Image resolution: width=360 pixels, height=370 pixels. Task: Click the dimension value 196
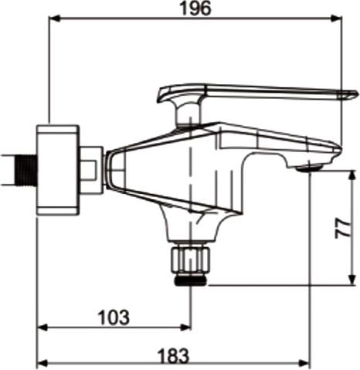pos(195,8)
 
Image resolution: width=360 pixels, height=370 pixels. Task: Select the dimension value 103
pos(114,317)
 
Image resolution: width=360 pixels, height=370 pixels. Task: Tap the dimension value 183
pos(173,355)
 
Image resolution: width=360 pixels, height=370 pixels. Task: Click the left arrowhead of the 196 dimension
pos(55,19)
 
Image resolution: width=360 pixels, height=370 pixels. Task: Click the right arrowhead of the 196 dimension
pos(336,19)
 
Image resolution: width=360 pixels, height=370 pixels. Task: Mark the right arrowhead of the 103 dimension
pos(185,328)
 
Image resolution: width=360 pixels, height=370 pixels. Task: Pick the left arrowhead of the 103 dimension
pos(43,328)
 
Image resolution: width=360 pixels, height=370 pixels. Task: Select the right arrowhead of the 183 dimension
pos(304,363)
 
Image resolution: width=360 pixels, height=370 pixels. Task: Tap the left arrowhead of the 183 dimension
pos(43,363)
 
